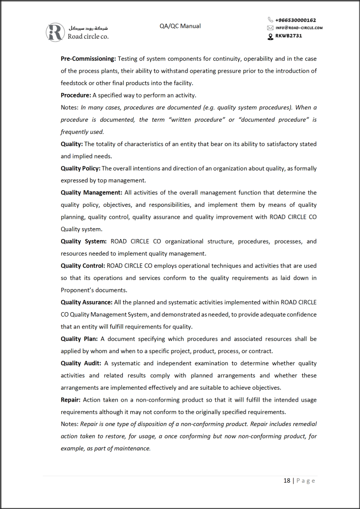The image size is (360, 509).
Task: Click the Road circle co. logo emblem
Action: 55,32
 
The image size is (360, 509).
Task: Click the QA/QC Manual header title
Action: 180,26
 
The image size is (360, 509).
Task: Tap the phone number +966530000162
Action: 295,20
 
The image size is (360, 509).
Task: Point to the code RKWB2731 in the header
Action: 288,36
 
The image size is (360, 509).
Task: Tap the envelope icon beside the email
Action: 270,28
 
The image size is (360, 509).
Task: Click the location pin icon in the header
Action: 270,36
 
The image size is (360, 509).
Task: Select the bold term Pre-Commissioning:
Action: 88,59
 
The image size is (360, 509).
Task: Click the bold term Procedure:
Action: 76,95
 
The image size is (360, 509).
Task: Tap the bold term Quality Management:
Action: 91,193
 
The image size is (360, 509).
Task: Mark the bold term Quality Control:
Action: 83,266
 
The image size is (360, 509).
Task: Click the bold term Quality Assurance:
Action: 87,302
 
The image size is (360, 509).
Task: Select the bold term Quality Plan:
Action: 78,339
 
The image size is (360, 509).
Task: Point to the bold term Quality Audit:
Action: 81,363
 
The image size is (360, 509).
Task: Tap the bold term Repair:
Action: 71,400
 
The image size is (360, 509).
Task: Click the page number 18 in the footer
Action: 287,481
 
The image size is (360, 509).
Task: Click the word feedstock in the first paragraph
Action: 74,83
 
